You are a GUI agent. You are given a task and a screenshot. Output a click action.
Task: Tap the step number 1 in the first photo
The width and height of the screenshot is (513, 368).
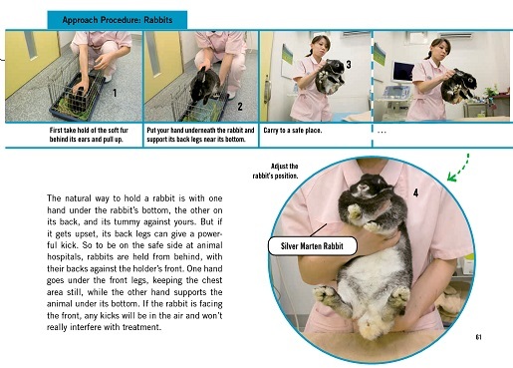117,93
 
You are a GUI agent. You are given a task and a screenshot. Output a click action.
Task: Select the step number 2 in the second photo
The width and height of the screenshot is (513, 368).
240,104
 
